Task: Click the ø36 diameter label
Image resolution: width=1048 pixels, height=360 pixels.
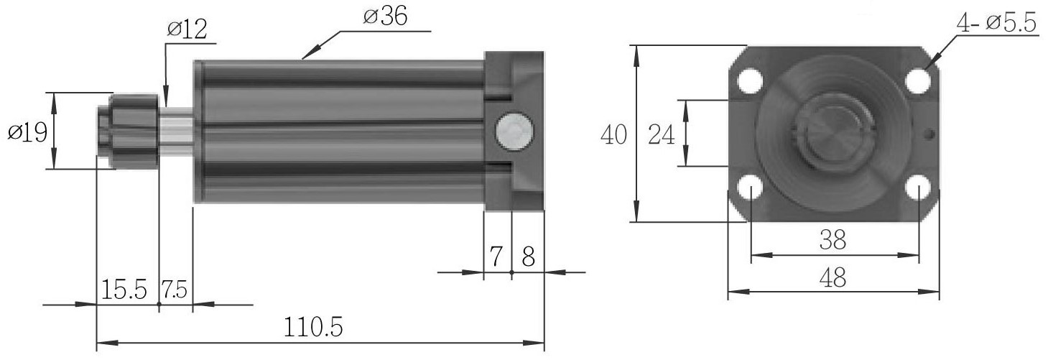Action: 385,17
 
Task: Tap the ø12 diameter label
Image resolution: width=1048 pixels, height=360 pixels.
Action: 187,29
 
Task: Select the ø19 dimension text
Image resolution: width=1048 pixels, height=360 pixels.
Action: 27,133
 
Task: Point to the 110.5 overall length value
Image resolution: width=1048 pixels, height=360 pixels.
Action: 313,327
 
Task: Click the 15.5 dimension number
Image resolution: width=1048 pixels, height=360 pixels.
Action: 124,290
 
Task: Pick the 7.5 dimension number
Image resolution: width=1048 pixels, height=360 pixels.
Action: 175,290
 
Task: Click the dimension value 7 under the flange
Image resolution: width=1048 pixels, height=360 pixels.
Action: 496,257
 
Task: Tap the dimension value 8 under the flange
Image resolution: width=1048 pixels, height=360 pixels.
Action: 528,257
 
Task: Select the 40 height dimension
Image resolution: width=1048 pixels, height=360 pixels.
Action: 613,134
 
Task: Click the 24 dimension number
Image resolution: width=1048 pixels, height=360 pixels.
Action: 661,135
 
